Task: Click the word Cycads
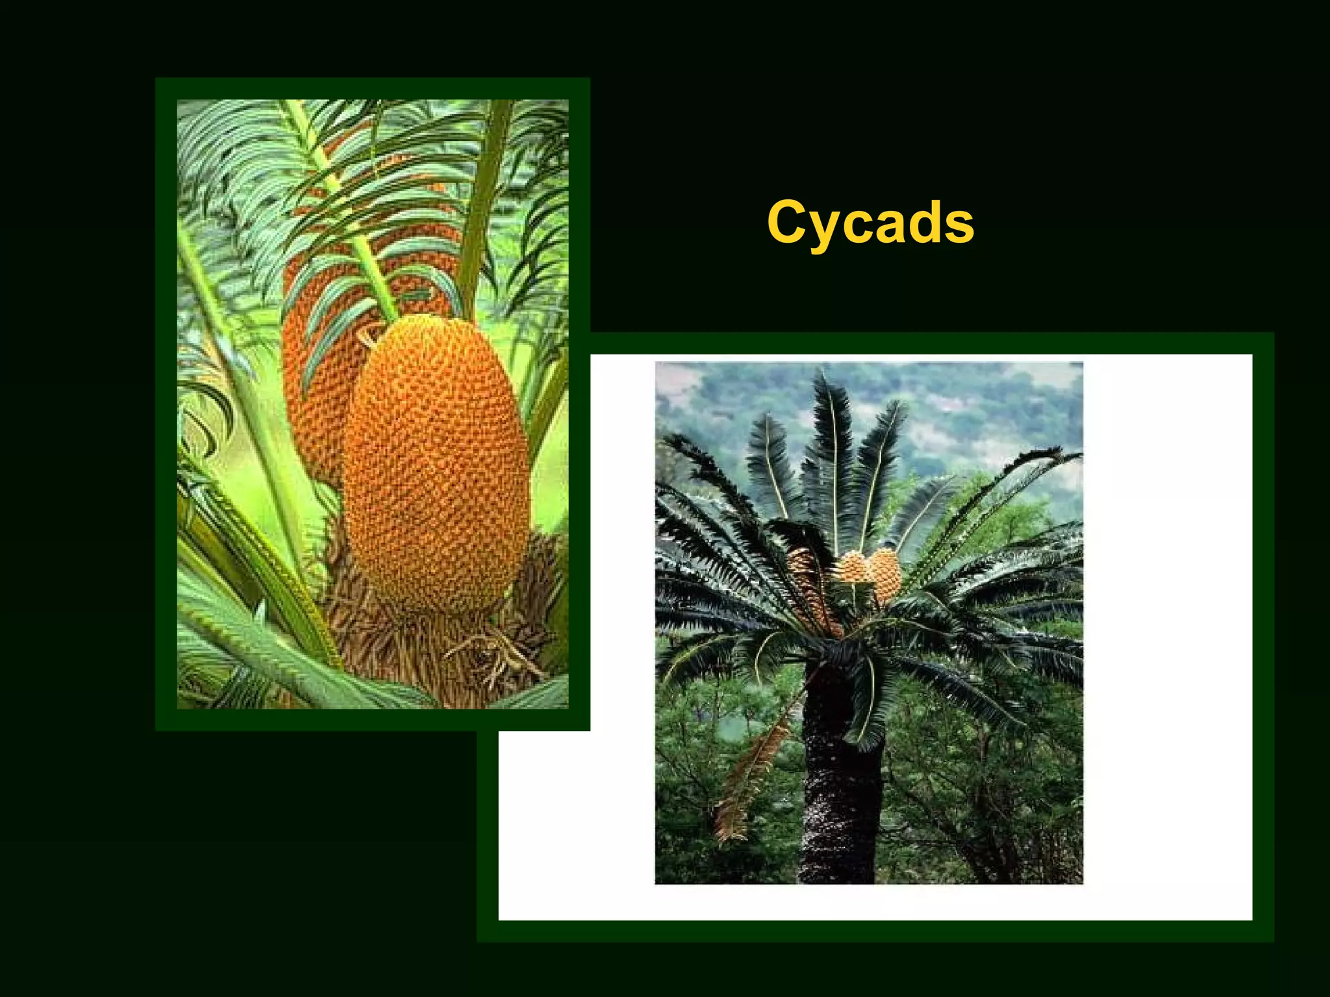(x=870, y=222)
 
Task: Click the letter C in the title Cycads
(x=787, y=222)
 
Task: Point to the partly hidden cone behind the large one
(x=312, y=389)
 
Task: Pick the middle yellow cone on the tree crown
(x=853, y=567)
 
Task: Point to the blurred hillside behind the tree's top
(x=974, y=415)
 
